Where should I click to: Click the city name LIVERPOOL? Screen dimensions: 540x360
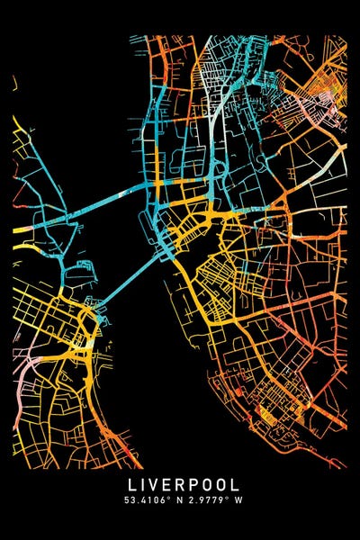[x=180, y=483]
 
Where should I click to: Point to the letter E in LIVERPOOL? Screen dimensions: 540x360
[x=167, y=483]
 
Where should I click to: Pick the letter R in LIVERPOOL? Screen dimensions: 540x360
[x=180, y=483]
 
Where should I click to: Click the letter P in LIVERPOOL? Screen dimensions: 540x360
[x=193, y=483]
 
